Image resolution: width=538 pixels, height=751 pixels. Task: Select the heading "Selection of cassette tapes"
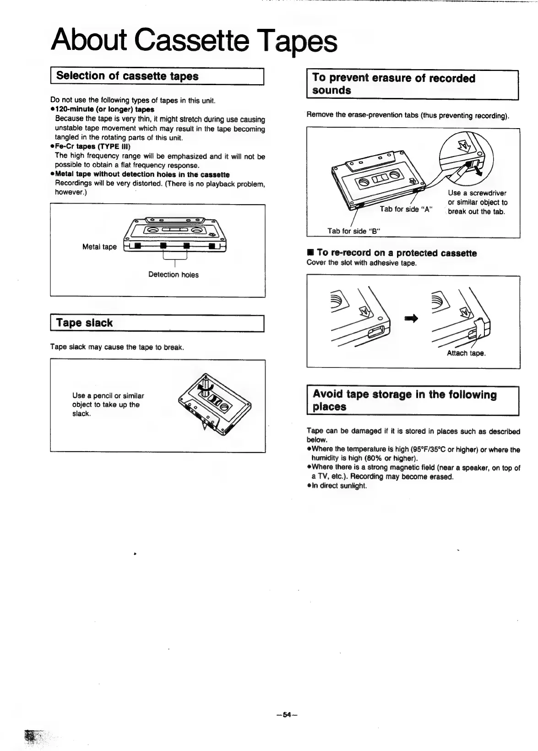[127, 76]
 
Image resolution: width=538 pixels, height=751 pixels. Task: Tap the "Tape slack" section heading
[84, 323]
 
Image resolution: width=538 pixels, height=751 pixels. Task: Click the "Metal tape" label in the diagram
[99, 247]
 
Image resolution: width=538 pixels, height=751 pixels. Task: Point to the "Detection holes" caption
[174, 275]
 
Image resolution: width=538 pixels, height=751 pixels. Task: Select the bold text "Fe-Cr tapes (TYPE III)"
[92, 146]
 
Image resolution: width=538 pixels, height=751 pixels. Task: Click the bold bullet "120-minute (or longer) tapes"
[104, 109]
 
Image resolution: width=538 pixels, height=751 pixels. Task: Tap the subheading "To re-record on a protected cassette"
[396, 253]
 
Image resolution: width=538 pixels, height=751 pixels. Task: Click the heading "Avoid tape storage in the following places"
[404, 400]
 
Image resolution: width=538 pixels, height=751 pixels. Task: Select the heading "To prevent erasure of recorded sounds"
[394, 84]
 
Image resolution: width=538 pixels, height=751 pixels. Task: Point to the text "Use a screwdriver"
[477, 193]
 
